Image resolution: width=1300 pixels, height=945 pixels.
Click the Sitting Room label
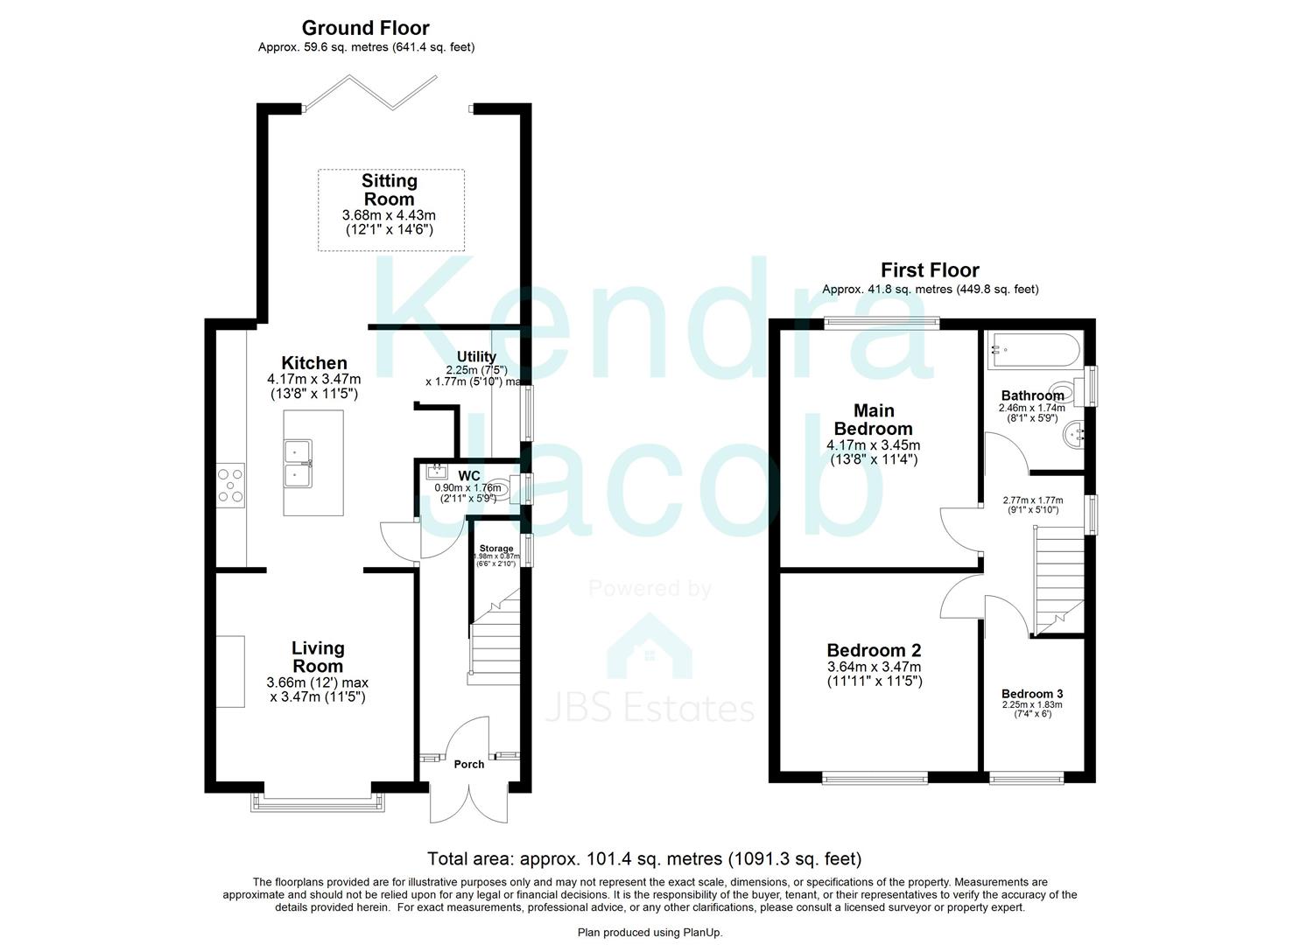(390, 190)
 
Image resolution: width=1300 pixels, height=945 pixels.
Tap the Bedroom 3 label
(1032, 694)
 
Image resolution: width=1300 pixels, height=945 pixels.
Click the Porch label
(469, 764)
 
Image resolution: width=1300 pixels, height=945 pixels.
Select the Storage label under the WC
(496, 549)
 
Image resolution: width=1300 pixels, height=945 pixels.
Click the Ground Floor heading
(366, 28)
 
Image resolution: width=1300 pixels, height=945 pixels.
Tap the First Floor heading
(930, 269)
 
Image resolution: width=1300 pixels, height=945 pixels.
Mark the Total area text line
(643, 858)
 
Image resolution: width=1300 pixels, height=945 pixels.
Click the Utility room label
(476, 357)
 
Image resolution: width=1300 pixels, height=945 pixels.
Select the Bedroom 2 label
(874, 650)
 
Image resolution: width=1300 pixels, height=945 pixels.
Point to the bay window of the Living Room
(318, 802)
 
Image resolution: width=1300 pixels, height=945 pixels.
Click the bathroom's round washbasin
(1073, 433)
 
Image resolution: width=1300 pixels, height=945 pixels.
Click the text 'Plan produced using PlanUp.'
(650, 933)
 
